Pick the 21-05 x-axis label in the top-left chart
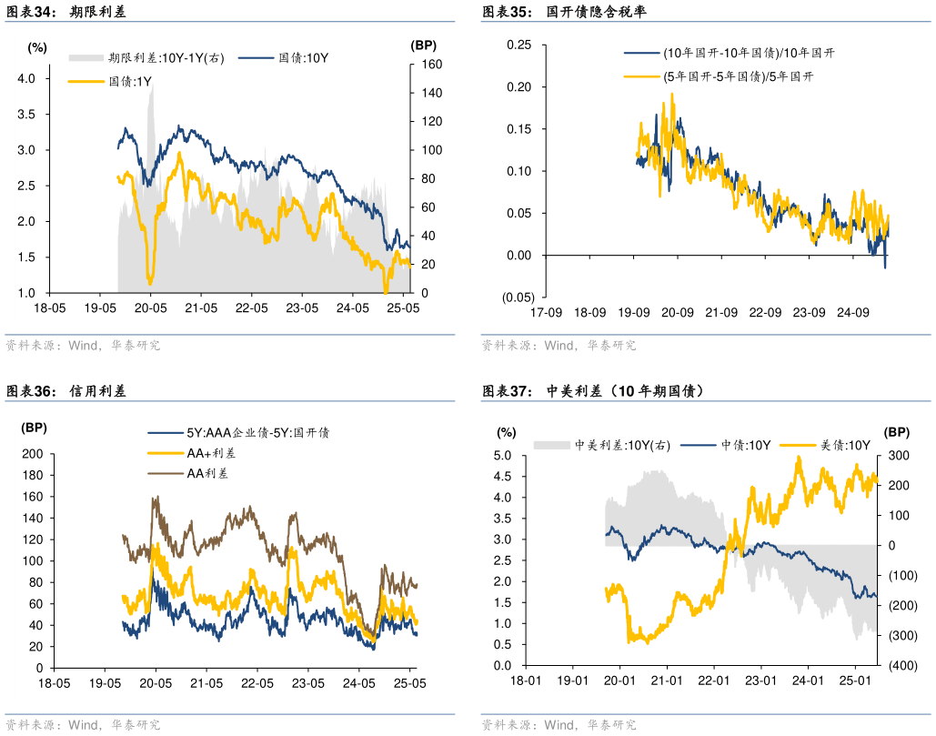tap(201, 308)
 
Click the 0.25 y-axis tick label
tap(519, 45)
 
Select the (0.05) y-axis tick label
tap(517, 297)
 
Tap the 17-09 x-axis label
tap(546, 313)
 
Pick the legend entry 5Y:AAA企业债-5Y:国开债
tap(257, 433)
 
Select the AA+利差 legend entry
tap(211, 453)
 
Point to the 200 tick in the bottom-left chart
tap(32, 454)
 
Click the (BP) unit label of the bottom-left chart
tap(35, 428)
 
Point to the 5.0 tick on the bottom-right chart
tap(507, 456)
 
